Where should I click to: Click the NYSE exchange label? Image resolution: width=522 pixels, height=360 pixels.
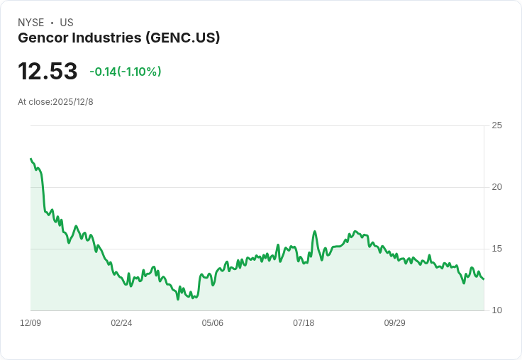[30, 23]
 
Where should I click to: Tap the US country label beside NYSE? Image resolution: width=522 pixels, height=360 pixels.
[67, 23]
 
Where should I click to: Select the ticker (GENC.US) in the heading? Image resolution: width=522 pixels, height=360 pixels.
[182, 38]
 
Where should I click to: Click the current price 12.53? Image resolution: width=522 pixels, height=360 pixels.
[48, 72]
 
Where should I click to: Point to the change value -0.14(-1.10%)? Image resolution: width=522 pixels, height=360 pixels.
[126, 72]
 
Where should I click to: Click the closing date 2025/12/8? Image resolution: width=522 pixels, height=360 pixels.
[73, 102]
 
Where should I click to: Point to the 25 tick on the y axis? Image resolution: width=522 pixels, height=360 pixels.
[497, 125]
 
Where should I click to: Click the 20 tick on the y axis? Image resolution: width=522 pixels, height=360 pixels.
[497, 187]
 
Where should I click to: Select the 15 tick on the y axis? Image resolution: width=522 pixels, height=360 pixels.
[497, 249]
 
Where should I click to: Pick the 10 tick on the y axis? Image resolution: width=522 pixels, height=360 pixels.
[497, 310]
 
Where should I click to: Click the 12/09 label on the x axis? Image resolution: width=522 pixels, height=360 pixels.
[30, 323]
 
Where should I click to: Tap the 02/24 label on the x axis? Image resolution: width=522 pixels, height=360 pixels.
[121, 323]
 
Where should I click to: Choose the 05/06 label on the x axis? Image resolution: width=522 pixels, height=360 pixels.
[212, 323]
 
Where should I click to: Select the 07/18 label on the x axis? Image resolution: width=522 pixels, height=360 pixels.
[304, 323]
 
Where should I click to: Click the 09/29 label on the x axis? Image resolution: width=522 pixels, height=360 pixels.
[394, 323]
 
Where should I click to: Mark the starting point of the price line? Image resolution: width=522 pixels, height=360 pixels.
[30, 159]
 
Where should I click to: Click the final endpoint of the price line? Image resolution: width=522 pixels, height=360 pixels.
[484, 279]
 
